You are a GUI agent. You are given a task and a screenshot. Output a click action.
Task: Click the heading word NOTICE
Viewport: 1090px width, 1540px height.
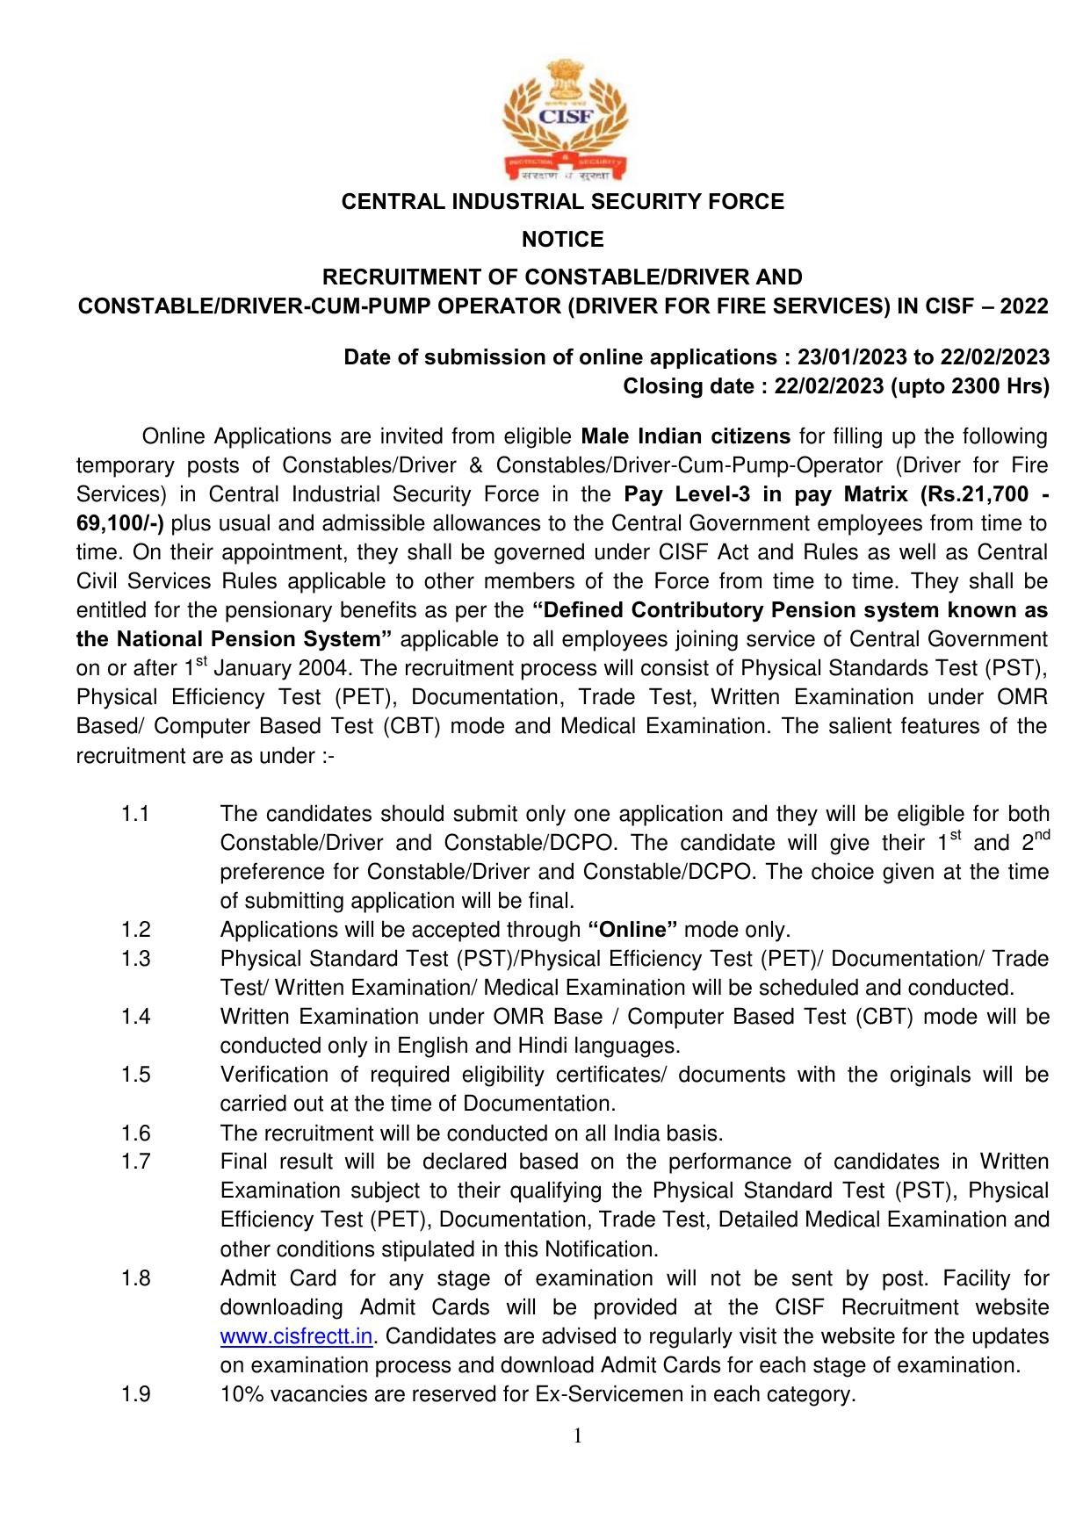coord(563,240)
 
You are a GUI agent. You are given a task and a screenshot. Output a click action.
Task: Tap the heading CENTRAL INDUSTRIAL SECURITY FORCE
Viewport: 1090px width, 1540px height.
coord(562,202)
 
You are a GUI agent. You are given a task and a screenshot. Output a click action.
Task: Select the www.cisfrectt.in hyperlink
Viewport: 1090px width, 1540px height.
coord(297,1336)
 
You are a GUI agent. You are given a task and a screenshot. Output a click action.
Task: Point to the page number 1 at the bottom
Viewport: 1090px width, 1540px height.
coord(577,1436)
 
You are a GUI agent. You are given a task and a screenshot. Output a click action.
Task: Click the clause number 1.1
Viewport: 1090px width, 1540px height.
coord(135,814)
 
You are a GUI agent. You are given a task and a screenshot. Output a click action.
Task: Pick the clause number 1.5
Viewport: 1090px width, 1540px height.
coord(135,1075)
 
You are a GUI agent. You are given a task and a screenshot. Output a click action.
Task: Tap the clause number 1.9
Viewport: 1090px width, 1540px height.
coord(135,1394)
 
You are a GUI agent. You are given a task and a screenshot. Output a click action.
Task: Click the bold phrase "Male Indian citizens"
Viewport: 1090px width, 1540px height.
coord(686,436)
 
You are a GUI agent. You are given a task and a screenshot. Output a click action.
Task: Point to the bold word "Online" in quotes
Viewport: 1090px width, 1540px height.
coord(632,930)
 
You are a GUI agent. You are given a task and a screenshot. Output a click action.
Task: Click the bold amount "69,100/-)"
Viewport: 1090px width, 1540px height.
coord(120,523)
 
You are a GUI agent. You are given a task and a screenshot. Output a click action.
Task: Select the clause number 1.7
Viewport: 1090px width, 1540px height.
coord(135,1162)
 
